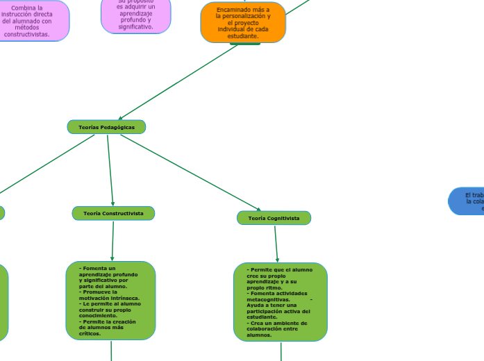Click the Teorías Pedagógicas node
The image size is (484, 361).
pyautogui.click(x=106, y=127)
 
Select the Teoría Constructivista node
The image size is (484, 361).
pyautogui.click(x=113, y=213)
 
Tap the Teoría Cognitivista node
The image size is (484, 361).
pyautogui.click(x=274, y=218)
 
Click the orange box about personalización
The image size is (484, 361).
pyautogui.click(x=243, y=22)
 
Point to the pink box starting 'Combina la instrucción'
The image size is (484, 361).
pyautogui.click(x=28, y=21)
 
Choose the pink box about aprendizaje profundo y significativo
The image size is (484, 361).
pyautogui.click(x=136, y=15)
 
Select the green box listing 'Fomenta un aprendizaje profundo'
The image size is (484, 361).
pyautogui.click(x=110, y=301)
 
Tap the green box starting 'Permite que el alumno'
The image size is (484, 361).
pyautogui.click(x=281, y=302)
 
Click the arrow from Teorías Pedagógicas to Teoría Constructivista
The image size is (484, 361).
pyautogui.click(x=110, y=170)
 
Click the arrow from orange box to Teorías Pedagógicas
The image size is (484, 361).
pyautogui.click(x=181, y=82)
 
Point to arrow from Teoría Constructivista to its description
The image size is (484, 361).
pyautogui.click(x=112, y=241)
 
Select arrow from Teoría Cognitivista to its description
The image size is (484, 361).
pyautogui.click(x=276, y=244)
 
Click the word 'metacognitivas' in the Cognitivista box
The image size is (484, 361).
pyautogui.click(x=267, y=299)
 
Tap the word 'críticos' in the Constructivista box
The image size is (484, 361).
pyautogui.click(x=90, y=334)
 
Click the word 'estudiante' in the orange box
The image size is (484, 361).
pyautogui.click(x=242, y=36)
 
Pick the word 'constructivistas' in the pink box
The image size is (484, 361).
pyautogui.click(x=27, y=34)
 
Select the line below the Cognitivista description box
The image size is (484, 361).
pyautogui.click(x=281, y=351)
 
